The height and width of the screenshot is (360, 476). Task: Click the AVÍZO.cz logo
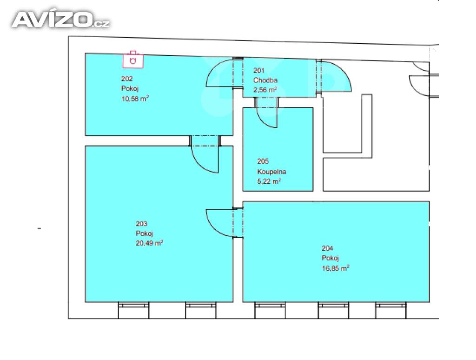pos(60,20)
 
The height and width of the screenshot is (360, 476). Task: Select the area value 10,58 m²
pos(134,99)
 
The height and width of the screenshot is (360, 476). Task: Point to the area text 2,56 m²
pos(265,90)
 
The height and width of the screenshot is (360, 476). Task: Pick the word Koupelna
pos(271,172)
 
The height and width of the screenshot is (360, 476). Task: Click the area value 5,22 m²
pos(269,181)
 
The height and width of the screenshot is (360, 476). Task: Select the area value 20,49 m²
pos(149,243)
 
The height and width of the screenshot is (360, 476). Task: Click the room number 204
pos(327,248)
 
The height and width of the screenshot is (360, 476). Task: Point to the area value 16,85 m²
pos(335,268)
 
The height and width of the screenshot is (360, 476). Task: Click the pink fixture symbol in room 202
pos(133,59)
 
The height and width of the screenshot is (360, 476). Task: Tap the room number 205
pos(263,162)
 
